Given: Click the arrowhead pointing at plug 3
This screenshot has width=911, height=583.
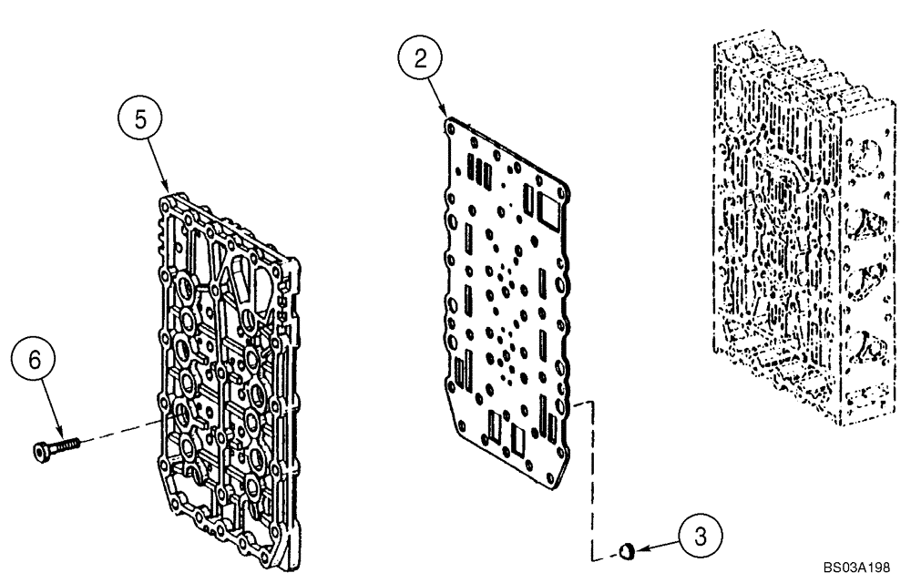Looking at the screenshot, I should [x=640, y=548].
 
